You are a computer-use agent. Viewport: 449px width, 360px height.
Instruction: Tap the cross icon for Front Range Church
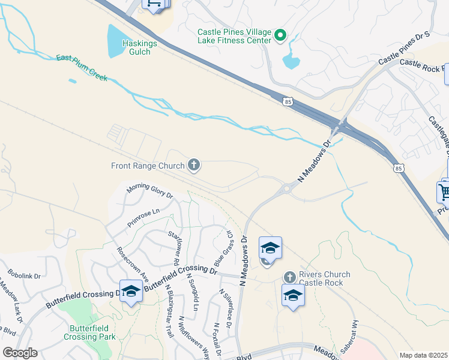tap(193, 164)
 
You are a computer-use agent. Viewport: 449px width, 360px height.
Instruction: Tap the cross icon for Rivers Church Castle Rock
tap(289, 277)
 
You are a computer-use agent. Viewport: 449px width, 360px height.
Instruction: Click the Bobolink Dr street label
tap(24, 275)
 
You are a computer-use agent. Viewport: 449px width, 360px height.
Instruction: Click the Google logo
tap(20, 353)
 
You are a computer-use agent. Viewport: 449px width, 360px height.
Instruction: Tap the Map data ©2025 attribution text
tap(423, 355)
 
